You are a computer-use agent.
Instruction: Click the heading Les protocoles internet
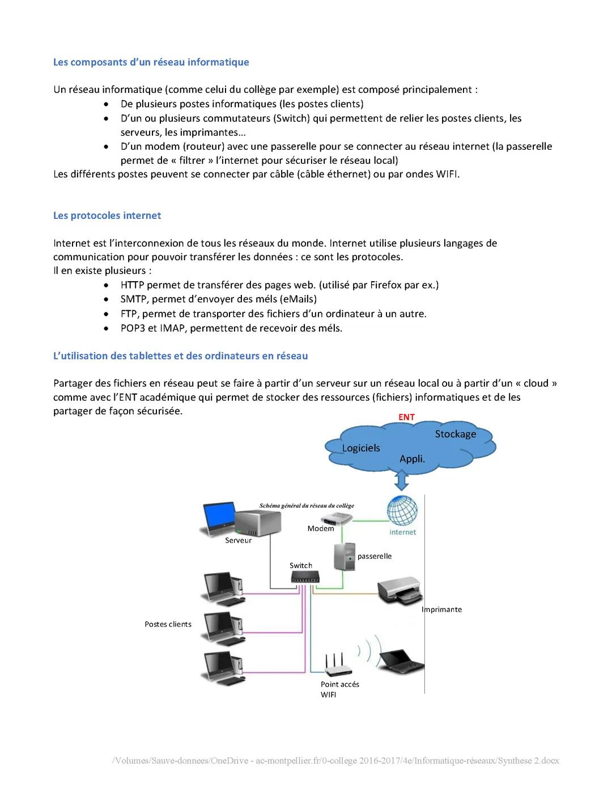pos(107,215)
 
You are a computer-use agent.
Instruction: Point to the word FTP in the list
pos(129,314)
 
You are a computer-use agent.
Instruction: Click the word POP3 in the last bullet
pos(133,328)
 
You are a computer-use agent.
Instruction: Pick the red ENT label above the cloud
pos(406,417)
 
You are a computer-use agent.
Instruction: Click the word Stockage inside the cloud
pos(455,434)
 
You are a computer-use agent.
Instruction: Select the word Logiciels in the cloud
pos(361,448)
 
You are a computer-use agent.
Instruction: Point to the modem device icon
pos(337,518)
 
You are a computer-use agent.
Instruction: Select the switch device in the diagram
pos(305,577)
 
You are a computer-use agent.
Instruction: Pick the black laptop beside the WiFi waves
pos(401,659)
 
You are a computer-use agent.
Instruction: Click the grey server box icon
pos(258,522)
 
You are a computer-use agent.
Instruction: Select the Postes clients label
pos(168,624)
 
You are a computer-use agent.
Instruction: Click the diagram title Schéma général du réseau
pos(307,506)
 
